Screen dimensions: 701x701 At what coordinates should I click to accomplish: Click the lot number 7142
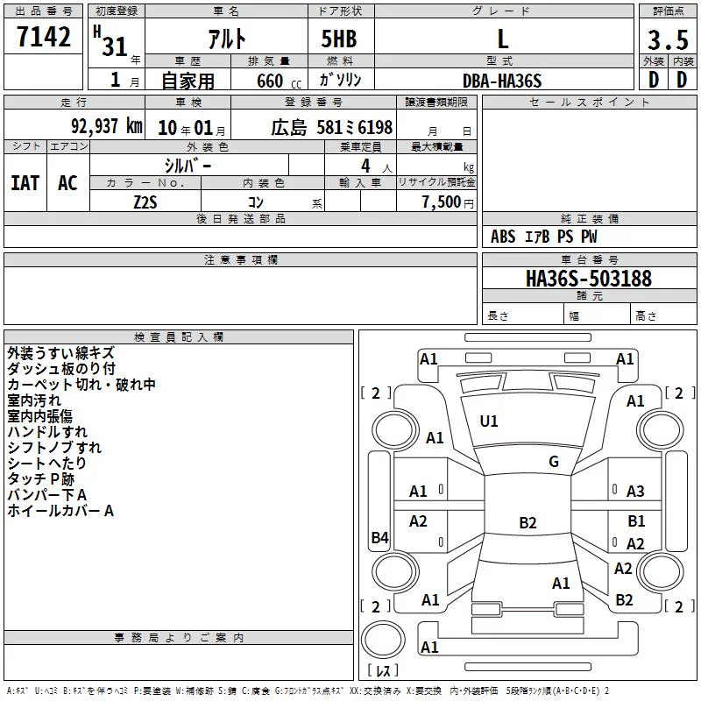(44, 37)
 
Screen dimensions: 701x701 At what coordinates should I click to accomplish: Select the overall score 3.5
(668, 39)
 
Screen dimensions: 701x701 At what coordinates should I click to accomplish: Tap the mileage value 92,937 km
(107, 126)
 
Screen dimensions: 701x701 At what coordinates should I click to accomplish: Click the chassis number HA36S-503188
(589, 279)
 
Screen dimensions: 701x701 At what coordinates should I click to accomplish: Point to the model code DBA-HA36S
(502, 81)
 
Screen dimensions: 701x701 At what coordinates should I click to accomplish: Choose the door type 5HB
(339, 39)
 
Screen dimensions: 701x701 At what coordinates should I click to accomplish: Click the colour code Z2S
(145, 202)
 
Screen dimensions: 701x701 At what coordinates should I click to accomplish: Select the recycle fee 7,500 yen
(448, 202)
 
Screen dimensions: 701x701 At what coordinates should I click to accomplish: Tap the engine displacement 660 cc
(279, 81)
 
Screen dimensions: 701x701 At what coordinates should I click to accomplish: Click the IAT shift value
(25, 183)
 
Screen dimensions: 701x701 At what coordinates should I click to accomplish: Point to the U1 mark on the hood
(489, 421)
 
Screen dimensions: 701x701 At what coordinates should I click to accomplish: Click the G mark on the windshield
(554, 462)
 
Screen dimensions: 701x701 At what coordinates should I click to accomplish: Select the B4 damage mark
(380, 537)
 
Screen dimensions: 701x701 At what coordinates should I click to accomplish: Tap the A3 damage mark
(635, 492)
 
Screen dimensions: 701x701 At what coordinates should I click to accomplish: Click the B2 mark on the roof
(528, 522)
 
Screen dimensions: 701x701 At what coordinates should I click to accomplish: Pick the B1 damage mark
(636, 520)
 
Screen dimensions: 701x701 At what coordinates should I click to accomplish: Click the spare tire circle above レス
(383, 639)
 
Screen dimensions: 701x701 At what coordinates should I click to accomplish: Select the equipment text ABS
(503, 237)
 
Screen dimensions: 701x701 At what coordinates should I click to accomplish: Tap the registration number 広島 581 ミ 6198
(332, 127)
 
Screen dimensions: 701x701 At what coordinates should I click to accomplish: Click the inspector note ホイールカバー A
(60, 511)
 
